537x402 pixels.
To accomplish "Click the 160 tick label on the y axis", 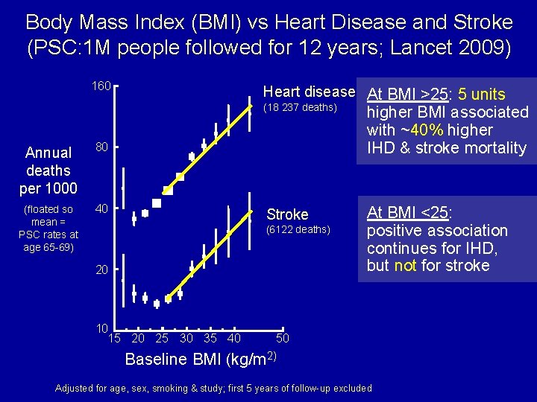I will (101, 86).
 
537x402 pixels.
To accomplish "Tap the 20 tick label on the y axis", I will (103, 269).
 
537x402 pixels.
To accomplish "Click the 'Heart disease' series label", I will (309, 92).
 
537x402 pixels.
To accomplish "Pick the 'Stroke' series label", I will (287, 214).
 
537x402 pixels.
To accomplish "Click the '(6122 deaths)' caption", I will (298, 229).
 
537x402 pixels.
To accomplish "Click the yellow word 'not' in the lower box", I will (405, 266).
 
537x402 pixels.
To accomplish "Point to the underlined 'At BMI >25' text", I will (407, 95).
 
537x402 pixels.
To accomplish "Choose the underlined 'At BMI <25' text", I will (408, 213).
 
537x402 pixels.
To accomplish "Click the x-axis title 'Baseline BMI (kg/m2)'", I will (201, 359).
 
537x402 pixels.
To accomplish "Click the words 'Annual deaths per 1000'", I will (48, 170).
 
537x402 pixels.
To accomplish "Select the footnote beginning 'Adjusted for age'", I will (214, 388).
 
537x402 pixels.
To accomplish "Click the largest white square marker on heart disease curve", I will (157, 203).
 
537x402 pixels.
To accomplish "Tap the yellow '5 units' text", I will (482, 95).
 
